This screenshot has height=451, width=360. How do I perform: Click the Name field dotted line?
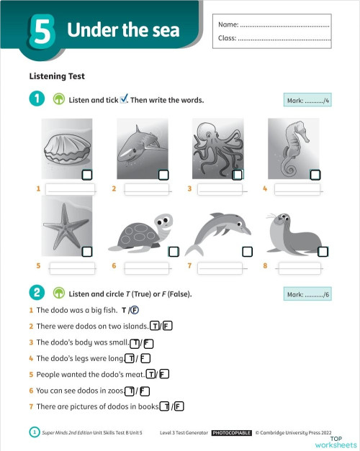(x=283, y=27)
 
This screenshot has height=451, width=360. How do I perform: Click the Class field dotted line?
(x=283, y=39)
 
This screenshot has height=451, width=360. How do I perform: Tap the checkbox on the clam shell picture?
(x=87, y=175)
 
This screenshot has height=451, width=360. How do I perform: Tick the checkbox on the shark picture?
(x=163, y=175)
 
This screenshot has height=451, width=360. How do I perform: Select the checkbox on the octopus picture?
(x=238, y=175)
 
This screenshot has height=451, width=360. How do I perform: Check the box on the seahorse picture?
(x=314, y=175)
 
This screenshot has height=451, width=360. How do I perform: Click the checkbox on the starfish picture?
(x=87, y=251)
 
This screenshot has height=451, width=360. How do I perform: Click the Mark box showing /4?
(x=307, y=100)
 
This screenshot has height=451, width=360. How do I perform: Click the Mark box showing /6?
(x=307, y=294)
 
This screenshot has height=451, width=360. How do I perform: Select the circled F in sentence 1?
(x=135, y=310)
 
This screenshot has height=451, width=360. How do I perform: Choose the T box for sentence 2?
(x=155, y=326)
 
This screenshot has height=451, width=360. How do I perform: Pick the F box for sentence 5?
(x=164, y=374)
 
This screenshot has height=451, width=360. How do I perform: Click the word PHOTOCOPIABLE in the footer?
(x=231, y=433)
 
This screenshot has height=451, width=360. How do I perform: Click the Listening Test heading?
(x=57, y=76)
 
